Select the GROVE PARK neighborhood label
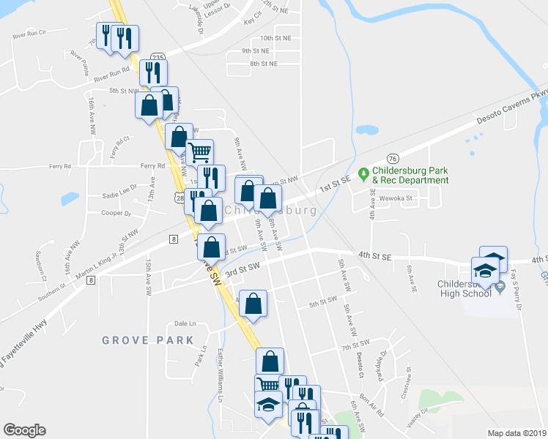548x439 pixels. pyautogui.click(x=148, y=340)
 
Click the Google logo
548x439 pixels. pyautogui.click(x=24, y=430)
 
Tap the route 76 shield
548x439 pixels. pyautogui.click(x=393, y=159)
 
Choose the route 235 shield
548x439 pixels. pyautogui.click(x=158, y=56)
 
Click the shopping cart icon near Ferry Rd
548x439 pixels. pyautogui.click(x=199, y=152)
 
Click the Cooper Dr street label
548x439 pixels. pyautogui.click(x=116, y=214)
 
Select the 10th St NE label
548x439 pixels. pyautogui.click(x=275, y=37)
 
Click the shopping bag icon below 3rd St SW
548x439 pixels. pyautogui.click(x=253, y=304)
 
